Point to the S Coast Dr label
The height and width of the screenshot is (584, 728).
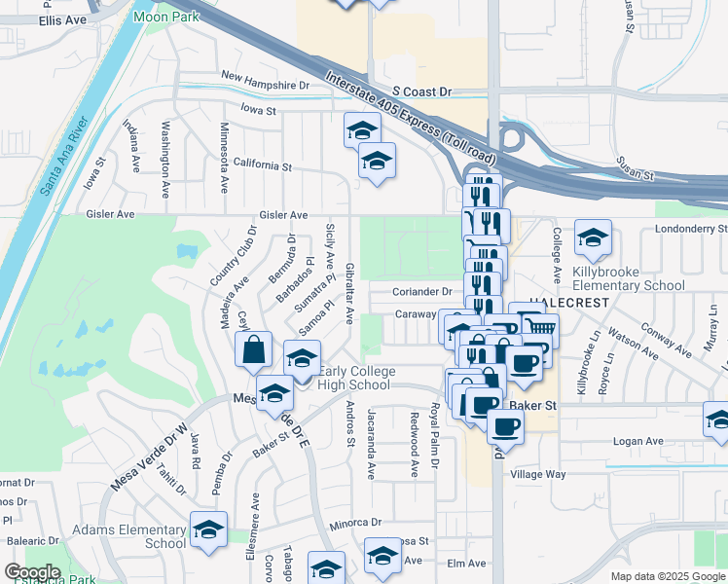(x=417, y=91)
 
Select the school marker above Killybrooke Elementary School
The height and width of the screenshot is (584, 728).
(x=593, y=237)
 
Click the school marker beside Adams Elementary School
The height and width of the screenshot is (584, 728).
(x=208, y=529)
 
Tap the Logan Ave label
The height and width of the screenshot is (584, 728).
(x=637, y=441)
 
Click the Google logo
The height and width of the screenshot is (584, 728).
(x=33, y=572)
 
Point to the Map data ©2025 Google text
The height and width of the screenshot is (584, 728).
(x=667, y=576)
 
